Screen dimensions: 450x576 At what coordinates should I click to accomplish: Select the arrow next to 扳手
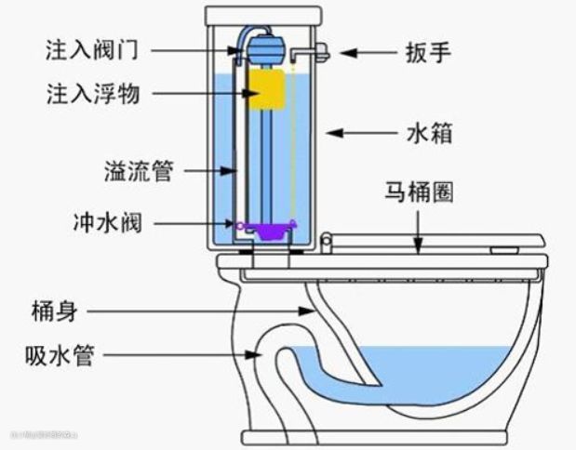pyautogui.click(x=362, y=51)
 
